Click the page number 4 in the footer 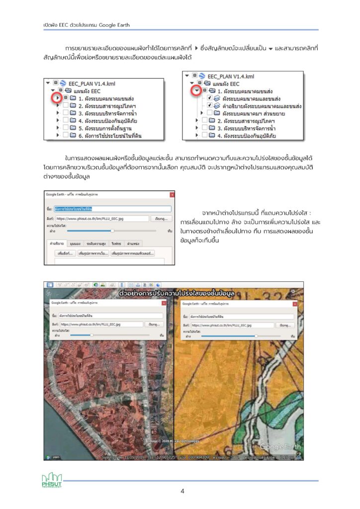(x=182, y=491)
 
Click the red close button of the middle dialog (x=172, y=195)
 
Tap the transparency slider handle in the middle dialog (x=112, y=231)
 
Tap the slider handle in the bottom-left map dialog (x=91, y=336)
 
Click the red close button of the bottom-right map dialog (x=295, y=303)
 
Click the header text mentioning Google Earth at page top (x=87, y=24)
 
